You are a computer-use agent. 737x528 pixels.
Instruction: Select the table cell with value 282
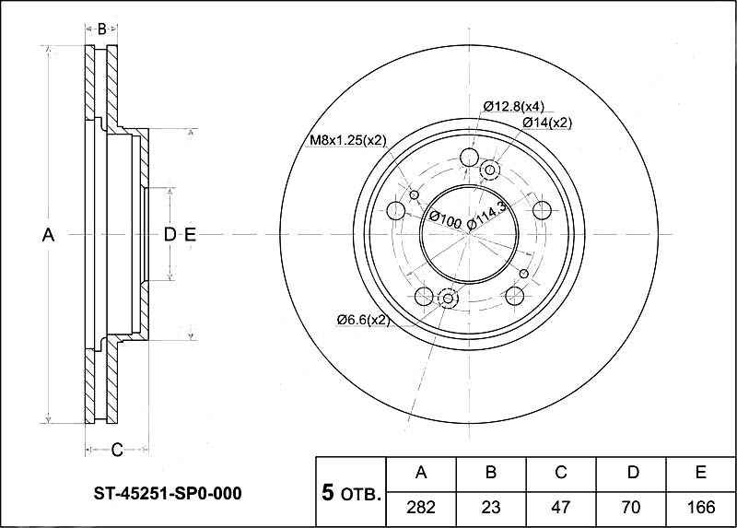coord(421,507)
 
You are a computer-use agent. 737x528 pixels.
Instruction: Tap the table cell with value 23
coord(491,507)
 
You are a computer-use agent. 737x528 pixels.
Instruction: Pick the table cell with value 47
coord(561,507)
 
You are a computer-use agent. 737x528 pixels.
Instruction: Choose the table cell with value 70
coord(632,507)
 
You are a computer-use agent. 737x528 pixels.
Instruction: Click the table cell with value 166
coord(701,507)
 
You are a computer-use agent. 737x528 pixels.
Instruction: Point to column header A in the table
coord(421,473)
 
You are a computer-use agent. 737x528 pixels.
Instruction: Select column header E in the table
coord(701,473)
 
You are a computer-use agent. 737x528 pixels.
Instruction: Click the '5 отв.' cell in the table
coord(350,494)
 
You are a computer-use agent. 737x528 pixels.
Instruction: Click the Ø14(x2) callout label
coord(547,122)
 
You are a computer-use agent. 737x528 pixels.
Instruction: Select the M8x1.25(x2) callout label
coord(346,140)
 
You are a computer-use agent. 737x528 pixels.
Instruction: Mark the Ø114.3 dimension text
coord(489,214)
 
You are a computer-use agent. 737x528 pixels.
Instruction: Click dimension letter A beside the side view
coord(49,236)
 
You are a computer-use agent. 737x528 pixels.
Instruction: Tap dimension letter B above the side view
coord(102,29)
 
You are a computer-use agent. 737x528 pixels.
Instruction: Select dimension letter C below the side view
coord(117,450)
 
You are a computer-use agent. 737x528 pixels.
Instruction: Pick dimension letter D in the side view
coord(170,236)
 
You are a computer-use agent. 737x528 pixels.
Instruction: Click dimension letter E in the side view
coord(190,236)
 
